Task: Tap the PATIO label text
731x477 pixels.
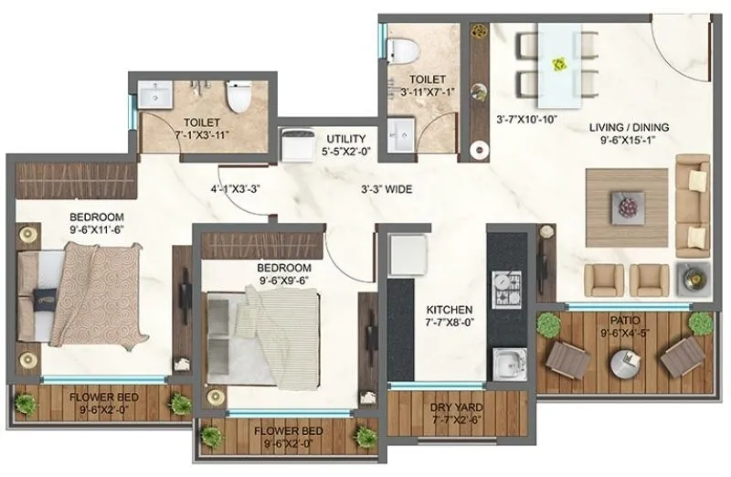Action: point(626,321)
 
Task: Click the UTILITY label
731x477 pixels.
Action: point(345,139)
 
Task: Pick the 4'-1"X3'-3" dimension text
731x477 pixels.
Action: point(237,190)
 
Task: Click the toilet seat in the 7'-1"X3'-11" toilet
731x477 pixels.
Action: point(238,96)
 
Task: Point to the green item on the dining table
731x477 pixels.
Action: point(560,62)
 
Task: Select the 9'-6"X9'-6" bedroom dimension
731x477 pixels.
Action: point(283,281)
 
